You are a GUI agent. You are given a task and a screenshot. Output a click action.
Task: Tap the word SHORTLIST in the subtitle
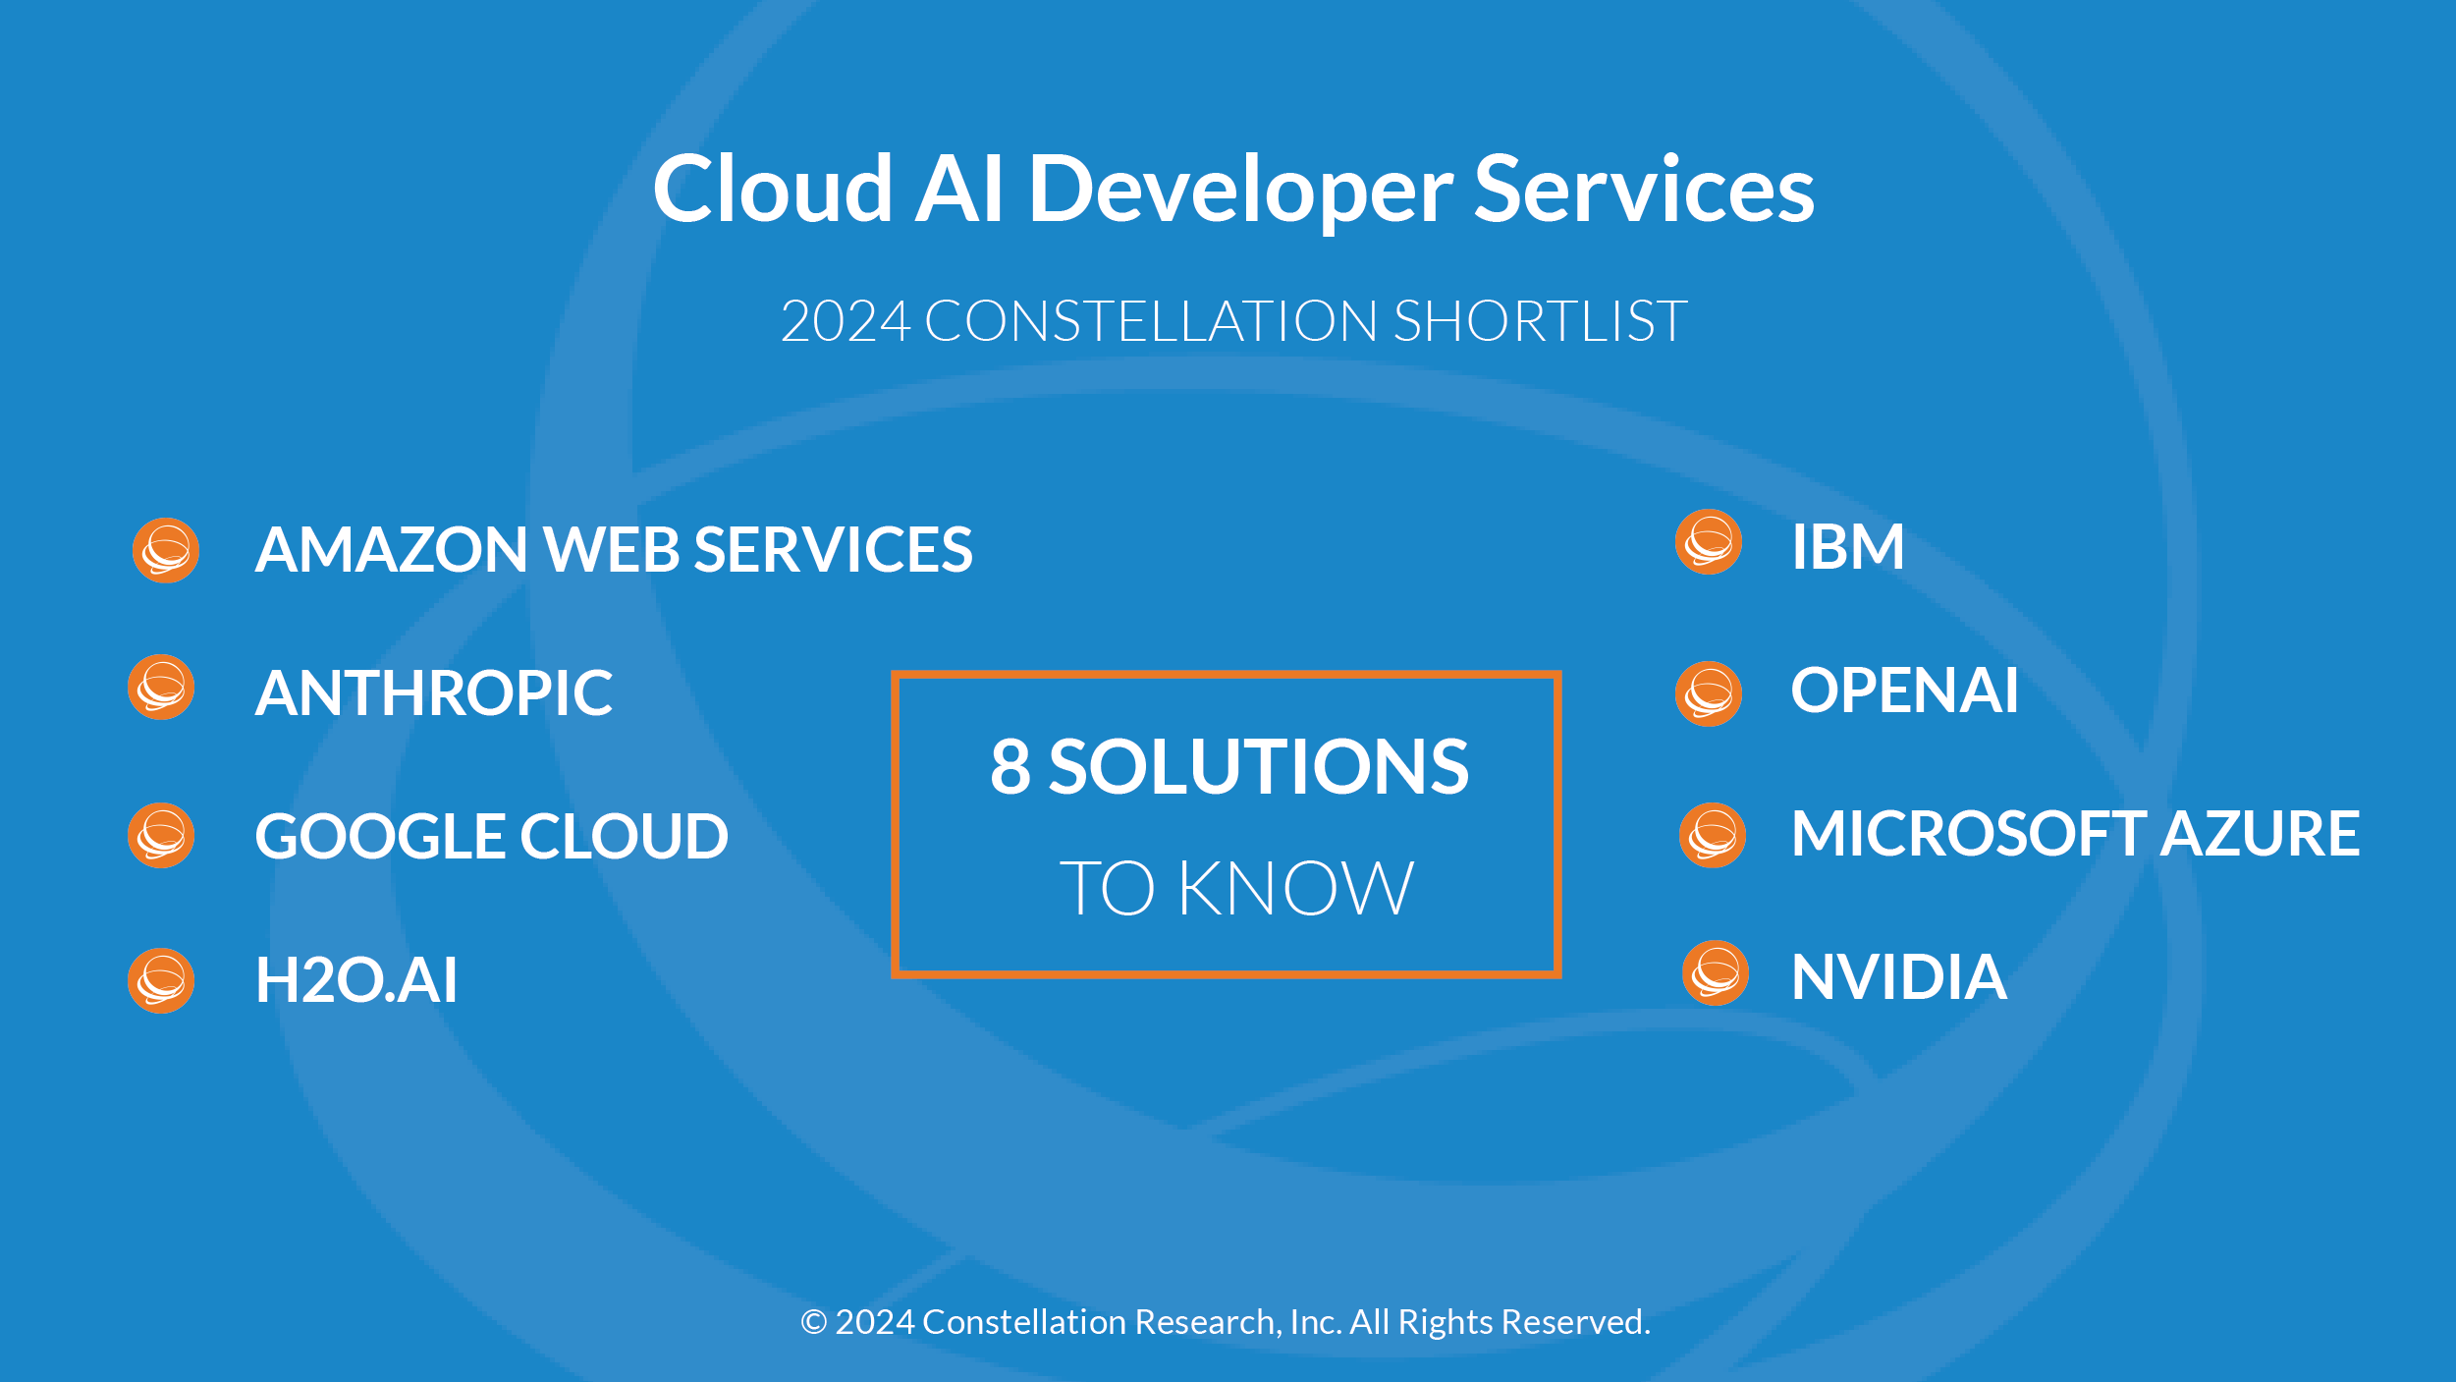pyautogui.click(x=1540, y=321)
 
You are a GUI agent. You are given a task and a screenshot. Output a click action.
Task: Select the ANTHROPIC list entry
pyautogui.click(x=434, y=693)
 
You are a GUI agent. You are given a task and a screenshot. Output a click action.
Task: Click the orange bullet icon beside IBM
pyautogui.click(x=1709, y=542)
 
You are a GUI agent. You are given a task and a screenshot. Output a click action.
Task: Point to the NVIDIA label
pyautogui.click(x=1899, y=978)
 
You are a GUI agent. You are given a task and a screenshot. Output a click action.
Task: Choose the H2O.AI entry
pyautogui.click(x=356, y=980)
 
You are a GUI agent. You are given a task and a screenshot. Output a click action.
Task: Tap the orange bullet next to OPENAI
pyautogui.click(x=1709, y=693)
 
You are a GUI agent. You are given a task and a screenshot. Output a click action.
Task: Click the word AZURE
pyautogui.click(x=2261, y=834)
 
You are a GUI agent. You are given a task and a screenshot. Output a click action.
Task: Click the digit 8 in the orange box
pyautogui.click(x=1010, y=767)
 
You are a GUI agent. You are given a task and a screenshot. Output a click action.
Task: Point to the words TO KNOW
pyautogui.click(x=1236, y=889)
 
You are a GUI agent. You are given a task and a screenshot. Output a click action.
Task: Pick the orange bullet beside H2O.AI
pyautogui.click(x=161, y=980)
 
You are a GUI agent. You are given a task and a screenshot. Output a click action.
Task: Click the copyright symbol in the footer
pyautogui.click(x=813, y=1322)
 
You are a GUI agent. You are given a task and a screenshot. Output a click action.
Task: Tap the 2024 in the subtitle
pyautogui.click(x=846, y=321)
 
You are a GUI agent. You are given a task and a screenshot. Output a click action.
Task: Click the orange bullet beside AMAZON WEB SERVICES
pyautogui.click(x=166, y=550)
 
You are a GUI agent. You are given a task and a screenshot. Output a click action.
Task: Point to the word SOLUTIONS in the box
pyautogui.click(x=1259, y=767)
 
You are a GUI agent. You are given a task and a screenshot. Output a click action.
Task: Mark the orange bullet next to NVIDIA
pyautogui.click(x=1716, y=973)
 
